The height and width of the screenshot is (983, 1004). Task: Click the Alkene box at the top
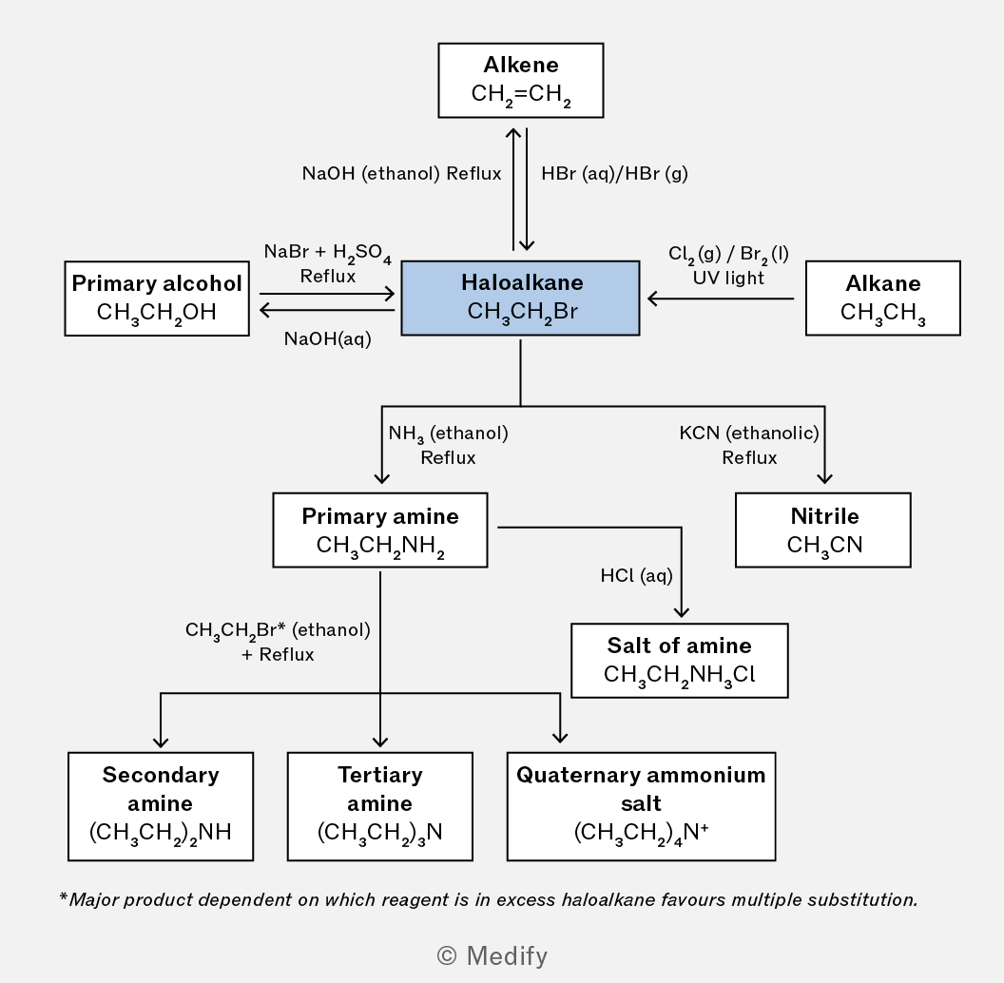(x=521, y=81)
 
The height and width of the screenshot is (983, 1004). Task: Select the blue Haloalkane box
(x=521, y=298)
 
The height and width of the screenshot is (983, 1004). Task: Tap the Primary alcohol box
(x=157, y=299)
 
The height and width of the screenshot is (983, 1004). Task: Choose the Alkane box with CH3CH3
(x=883, y=298)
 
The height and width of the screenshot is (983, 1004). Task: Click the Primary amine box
(x=380, y=530)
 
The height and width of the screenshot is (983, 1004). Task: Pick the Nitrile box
(x=823, y=530)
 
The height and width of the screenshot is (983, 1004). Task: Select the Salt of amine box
(x=680, y=660)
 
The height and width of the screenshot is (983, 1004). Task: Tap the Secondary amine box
(x=161, y=806)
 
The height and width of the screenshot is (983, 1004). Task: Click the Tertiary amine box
(x=380, y=806)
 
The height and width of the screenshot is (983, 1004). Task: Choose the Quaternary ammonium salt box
(x=641, y=806)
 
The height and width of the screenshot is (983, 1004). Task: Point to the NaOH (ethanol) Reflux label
(x=401, y=174)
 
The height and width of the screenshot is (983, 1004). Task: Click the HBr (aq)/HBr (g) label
(x=615, y=174)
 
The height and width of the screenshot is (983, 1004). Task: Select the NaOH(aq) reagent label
(x=328, y=338)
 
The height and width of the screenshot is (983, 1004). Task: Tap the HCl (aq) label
(x=636, y=576)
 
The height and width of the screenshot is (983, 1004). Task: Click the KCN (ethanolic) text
(x=749, y=433)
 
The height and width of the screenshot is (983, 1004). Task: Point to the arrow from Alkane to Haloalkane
(x=721, y=299)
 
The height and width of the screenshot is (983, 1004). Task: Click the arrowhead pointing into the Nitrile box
(x=824, y=478)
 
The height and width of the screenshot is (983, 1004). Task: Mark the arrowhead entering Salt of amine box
(x=682, y=612)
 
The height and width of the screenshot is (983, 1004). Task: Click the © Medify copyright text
(x=492, y=956)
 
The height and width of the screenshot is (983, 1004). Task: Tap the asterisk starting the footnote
(x=63, y=896)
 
